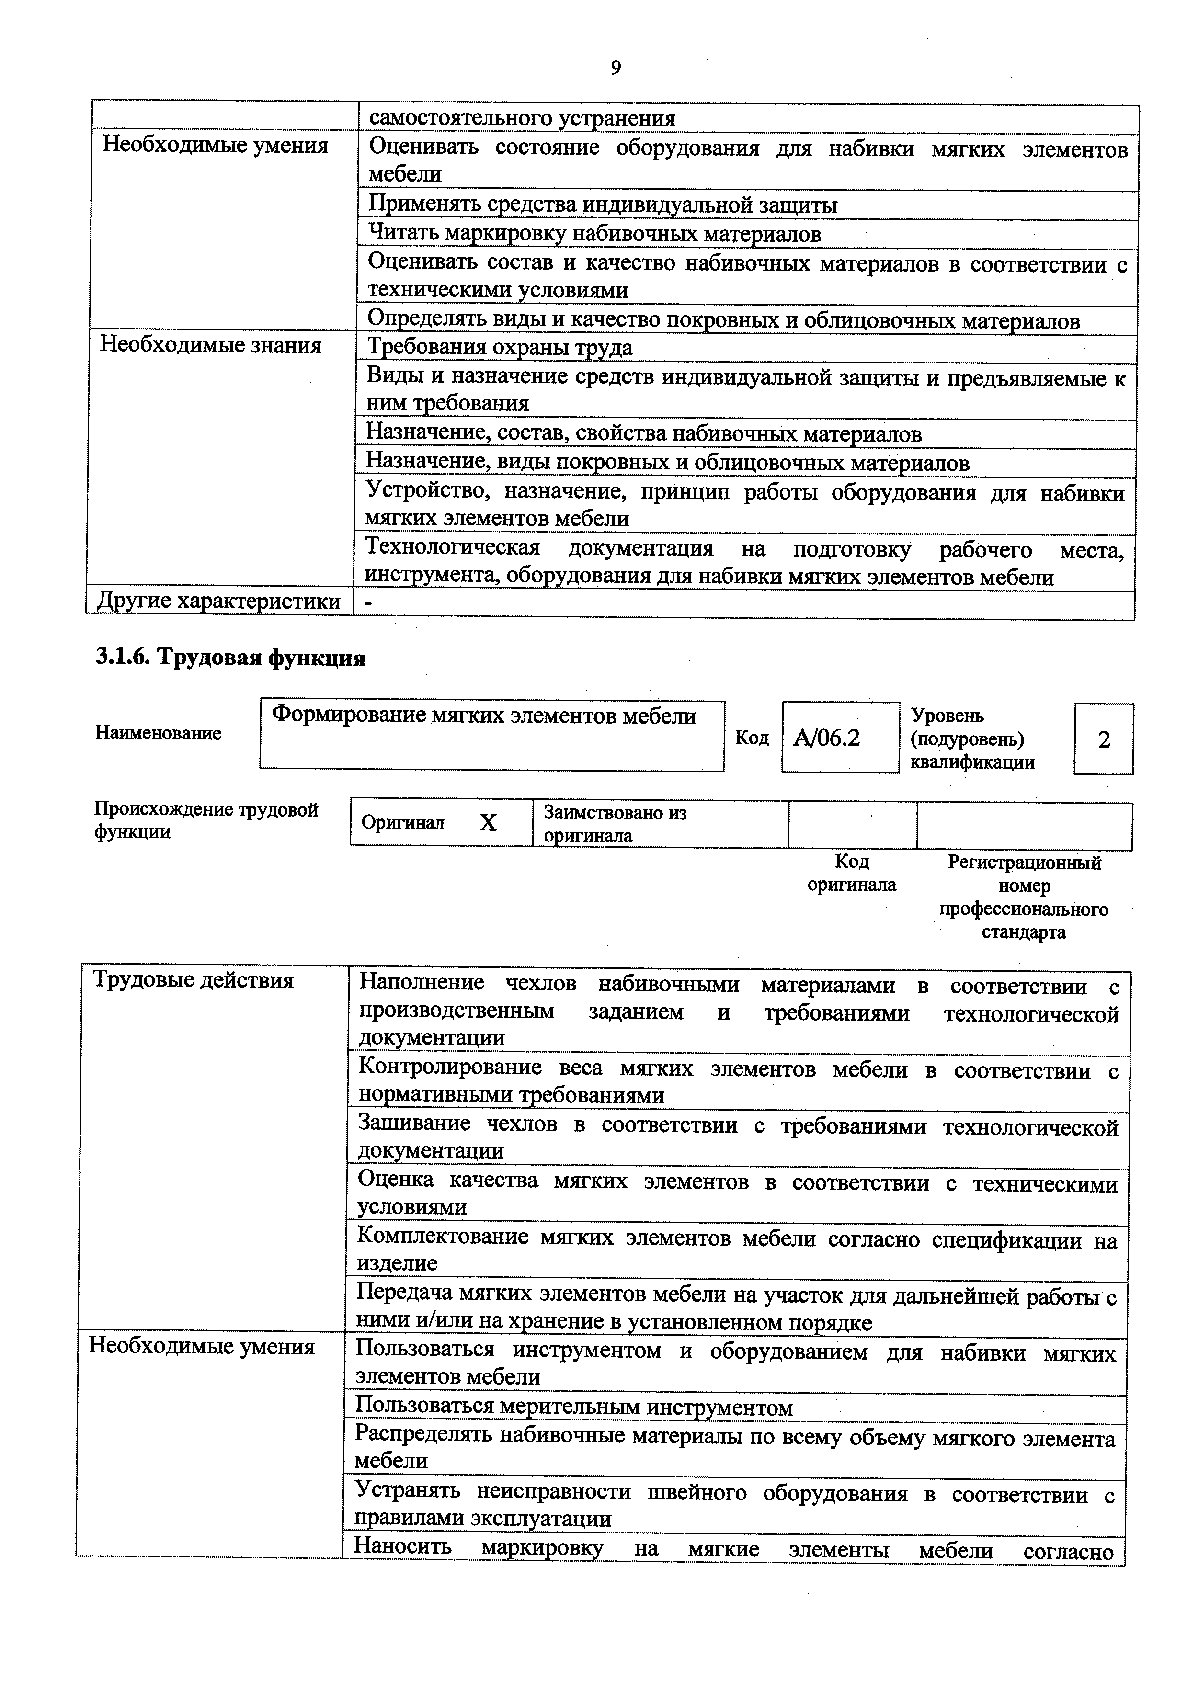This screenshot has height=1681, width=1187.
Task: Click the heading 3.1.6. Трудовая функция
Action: click(231, 658)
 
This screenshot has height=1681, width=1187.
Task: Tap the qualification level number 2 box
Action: click(1104, 739)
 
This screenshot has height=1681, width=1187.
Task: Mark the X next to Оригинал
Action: click(488, 823)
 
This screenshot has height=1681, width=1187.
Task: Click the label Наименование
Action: click(158, 733)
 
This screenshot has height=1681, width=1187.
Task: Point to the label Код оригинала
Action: click(852, 873)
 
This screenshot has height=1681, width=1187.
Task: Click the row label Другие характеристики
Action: click(218, 601)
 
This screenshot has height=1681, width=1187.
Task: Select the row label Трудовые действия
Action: click(194, 980)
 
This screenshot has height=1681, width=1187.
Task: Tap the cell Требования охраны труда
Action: click(500, 347)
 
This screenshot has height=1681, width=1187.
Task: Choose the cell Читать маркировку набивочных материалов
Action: click(594, 234)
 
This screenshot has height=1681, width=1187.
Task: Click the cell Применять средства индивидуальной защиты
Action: click(602, 205)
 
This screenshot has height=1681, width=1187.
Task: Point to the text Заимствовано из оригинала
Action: click(615, 824)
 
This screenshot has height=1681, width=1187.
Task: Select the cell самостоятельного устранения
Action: click(521, 119)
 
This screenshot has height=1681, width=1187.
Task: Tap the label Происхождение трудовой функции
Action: click(206, 820)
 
